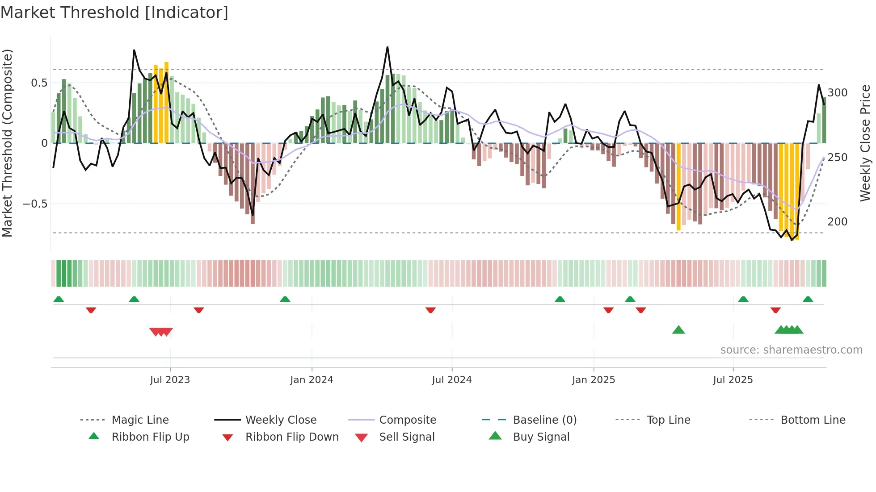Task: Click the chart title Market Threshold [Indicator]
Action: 114,13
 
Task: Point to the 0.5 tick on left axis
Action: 39,83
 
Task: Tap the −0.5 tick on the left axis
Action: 35,204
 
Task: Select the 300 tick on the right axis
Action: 837,93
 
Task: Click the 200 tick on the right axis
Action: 837,222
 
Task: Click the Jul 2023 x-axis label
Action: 170,380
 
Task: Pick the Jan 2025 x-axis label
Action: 593,380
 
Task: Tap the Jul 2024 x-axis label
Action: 451,380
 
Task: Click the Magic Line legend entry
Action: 140,420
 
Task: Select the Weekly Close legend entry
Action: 281,420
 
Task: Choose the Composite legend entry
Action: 407,420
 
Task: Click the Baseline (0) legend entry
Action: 544,420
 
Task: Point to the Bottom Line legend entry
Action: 813,420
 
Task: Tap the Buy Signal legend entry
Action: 541,437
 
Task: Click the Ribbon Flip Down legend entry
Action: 291,437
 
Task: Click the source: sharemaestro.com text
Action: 791,350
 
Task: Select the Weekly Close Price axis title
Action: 865,143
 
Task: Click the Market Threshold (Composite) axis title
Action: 7,143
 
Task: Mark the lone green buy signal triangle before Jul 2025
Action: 678,330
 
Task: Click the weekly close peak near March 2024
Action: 387,47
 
